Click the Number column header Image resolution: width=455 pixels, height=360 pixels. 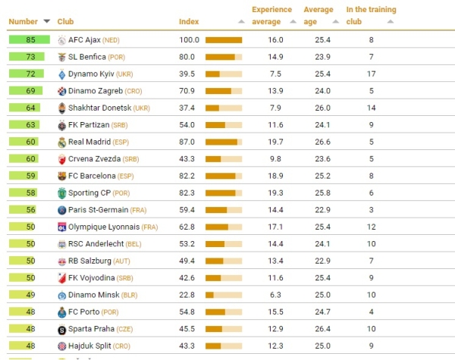click(x=23, y=21)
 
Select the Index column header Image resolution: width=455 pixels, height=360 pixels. click(x=189, y=21)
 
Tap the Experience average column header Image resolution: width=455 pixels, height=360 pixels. click(x=271, y=15)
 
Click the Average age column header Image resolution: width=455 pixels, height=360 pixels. click(x=318, y=15)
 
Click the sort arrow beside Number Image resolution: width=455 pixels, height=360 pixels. click(x=47, y=21)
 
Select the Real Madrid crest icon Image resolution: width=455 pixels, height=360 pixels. click(x=61, y=142)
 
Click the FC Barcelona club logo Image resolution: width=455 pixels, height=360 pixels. click(x=61, y=176)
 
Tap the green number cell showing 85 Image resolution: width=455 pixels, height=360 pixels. click(x=30, y=39)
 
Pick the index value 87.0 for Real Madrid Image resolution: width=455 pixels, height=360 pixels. click(x=188, y=142)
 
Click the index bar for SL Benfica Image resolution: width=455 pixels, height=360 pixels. click(x=224, y=57)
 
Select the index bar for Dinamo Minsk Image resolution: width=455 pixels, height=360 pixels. click(x=224, y=295)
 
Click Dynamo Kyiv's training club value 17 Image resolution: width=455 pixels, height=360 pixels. click(x=372, y=74)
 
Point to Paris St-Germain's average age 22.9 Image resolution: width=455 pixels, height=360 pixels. click(x=323, y=210)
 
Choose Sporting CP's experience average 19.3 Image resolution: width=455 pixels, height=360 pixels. click(x=275, y=193)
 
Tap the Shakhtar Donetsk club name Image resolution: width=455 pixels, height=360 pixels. click(x=99, y=108)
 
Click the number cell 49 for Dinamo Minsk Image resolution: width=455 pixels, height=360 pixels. click(x=30, y=295)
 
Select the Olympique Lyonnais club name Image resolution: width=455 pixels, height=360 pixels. click(x=104, y=227)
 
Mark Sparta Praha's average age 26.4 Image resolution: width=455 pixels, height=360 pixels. click(x=323, y=329)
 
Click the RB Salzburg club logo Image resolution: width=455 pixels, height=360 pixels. click(x=61, y=261)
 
